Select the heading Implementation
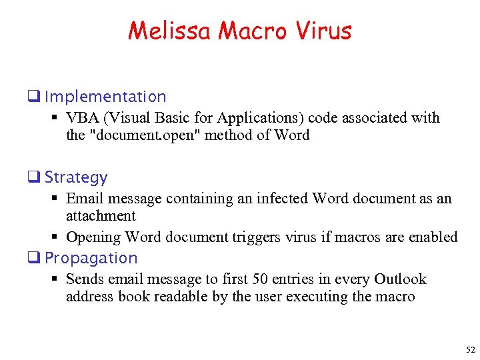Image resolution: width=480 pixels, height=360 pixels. pos(105,97)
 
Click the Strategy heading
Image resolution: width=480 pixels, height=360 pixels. pos(76,177)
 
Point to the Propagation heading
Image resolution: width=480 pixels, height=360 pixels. pos(91,258)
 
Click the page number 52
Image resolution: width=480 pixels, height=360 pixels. pos(471,350)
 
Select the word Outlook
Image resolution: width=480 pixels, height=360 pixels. pos(400,279)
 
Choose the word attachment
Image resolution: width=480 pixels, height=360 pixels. pos(101,216)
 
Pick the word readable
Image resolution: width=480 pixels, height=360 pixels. pos(180,297)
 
